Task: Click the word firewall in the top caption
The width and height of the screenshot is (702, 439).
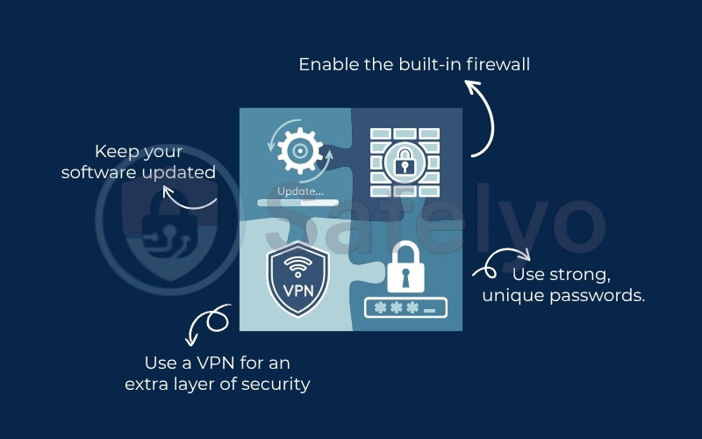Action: click(x=500, y=65)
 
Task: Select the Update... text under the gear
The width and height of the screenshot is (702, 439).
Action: click(x=299, y=191)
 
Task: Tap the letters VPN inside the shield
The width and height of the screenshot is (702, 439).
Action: click(x=297, y=290)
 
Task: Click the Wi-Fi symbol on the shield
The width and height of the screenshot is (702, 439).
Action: click(x=297, y=264)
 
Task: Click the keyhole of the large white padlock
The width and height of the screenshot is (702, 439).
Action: click(x=405, y=276)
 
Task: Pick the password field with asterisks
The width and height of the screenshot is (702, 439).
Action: click(x=405, y=308)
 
